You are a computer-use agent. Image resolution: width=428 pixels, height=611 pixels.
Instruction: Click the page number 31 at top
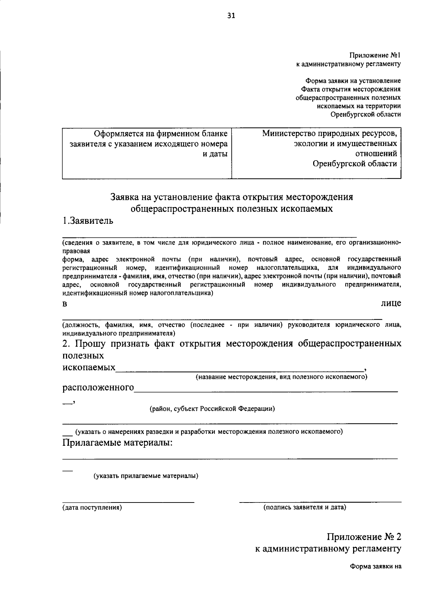pos(231,15)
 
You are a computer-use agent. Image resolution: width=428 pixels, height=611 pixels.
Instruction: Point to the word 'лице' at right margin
pos(391,303)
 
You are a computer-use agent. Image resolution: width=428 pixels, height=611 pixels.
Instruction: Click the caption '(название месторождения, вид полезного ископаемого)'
pos(281,377)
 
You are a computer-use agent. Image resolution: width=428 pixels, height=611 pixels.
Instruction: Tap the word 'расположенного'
pos(98,388)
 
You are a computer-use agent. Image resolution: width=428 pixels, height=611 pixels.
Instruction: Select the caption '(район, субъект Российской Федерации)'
pos(212,409)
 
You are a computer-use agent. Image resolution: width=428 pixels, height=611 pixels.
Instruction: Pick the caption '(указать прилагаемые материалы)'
pos(146,476)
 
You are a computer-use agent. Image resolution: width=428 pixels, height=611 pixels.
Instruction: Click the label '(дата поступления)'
pos(92,507)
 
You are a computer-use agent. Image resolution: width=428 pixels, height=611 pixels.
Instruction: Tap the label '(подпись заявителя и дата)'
pos(305,507)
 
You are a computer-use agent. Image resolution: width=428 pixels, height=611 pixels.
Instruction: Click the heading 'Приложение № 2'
pos(364,537)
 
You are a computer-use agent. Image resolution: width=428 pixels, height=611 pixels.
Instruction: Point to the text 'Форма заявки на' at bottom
pos(376,566)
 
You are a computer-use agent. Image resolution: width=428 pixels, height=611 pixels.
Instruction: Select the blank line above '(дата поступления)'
pos(128,502)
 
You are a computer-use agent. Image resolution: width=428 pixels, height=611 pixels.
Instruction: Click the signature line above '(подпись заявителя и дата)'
pos(320,502)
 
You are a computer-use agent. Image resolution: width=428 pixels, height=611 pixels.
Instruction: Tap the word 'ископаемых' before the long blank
pos(89,368)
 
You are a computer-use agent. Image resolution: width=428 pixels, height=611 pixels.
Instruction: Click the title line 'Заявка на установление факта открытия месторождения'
pos(231,197)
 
